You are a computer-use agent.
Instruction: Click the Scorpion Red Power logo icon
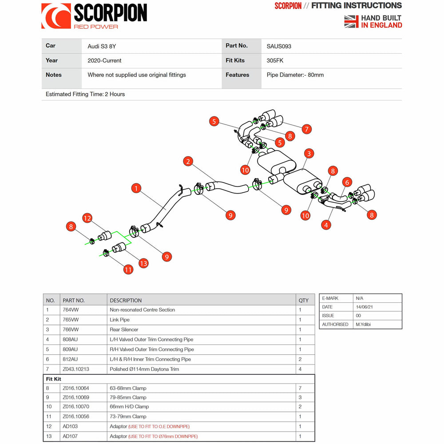point(56,16)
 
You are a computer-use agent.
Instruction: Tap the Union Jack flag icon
point(351,21)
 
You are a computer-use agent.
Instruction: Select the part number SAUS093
point(279,46)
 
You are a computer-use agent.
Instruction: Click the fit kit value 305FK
point(275,60)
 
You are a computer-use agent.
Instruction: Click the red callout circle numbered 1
point(136,188)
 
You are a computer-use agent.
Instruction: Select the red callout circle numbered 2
point(188,161)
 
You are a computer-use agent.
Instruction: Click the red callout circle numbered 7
point(306,129)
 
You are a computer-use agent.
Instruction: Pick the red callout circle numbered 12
point(87,218)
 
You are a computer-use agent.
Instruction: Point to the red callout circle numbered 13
point(143,263)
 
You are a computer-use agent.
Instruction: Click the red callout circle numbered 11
point(128,269)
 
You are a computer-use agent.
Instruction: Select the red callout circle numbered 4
point(326,225)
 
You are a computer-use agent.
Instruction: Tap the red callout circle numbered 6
point(347,182)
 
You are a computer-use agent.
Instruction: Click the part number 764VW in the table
point(71,310)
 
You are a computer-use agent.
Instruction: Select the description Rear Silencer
point(124,329)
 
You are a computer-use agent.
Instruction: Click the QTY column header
point(304,300)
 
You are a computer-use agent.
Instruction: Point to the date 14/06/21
point(364,307)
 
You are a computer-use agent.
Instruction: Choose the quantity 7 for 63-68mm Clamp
point(300,388)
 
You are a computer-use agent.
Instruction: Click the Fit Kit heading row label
point(54,379)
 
